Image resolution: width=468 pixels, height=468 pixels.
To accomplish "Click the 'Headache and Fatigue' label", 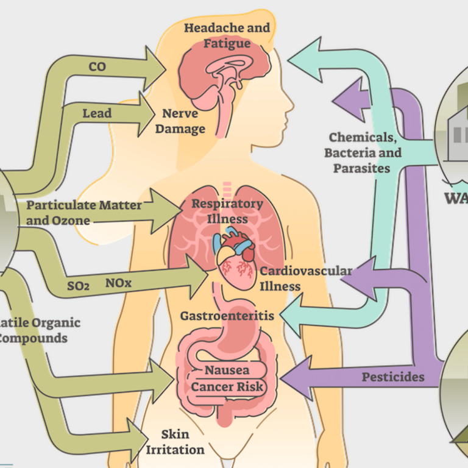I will pyautogui.click(x=227, y=35).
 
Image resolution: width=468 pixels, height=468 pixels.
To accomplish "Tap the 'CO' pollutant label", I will pyautogui.click(x=97, y=67).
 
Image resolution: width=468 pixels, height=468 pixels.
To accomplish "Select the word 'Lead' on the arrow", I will pyautogui.click(x=97, y=113).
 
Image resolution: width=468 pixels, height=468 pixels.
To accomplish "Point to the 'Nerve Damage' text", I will pyautogui.click(x=183, y=121).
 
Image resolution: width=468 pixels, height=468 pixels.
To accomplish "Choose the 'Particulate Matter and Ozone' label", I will pyautogui.click(x=83, y=213).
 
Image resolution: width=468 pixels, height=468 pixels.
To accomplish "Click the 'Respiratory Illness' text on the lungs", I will pyautogui.click(x=227, y=211).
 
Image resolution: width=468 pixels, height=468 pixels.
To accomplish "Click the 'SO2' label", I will pyautogui.click(x=78, y=284).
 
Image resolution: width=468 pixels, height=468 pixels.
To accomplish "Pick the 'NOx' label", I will pyautogui.click(x=118, y=283).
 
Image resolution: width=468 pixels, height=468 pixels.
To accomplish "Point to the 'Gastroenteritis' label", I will pyautogui.click(x=227, y=316).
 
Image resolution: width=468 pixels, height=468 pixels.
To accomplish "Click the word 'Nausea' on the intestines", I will pyautogui.click(x=227, y=370).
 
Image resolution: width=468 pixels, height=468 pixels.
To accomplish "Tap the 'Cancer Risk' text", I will pyautogui.click(x=227, y=386).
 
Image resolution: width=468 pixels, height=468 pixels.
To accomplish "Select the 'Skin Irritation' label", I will pyautogui.click(x=175, y=442).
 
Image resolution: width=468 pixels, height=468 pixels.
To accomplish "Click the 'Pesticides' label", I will pyautogui.click(x=392, y=377).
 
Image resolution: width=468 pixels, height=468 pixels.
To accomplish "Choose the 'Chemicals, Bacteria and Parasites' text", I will pyautogui.click(x=363, y=152).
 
